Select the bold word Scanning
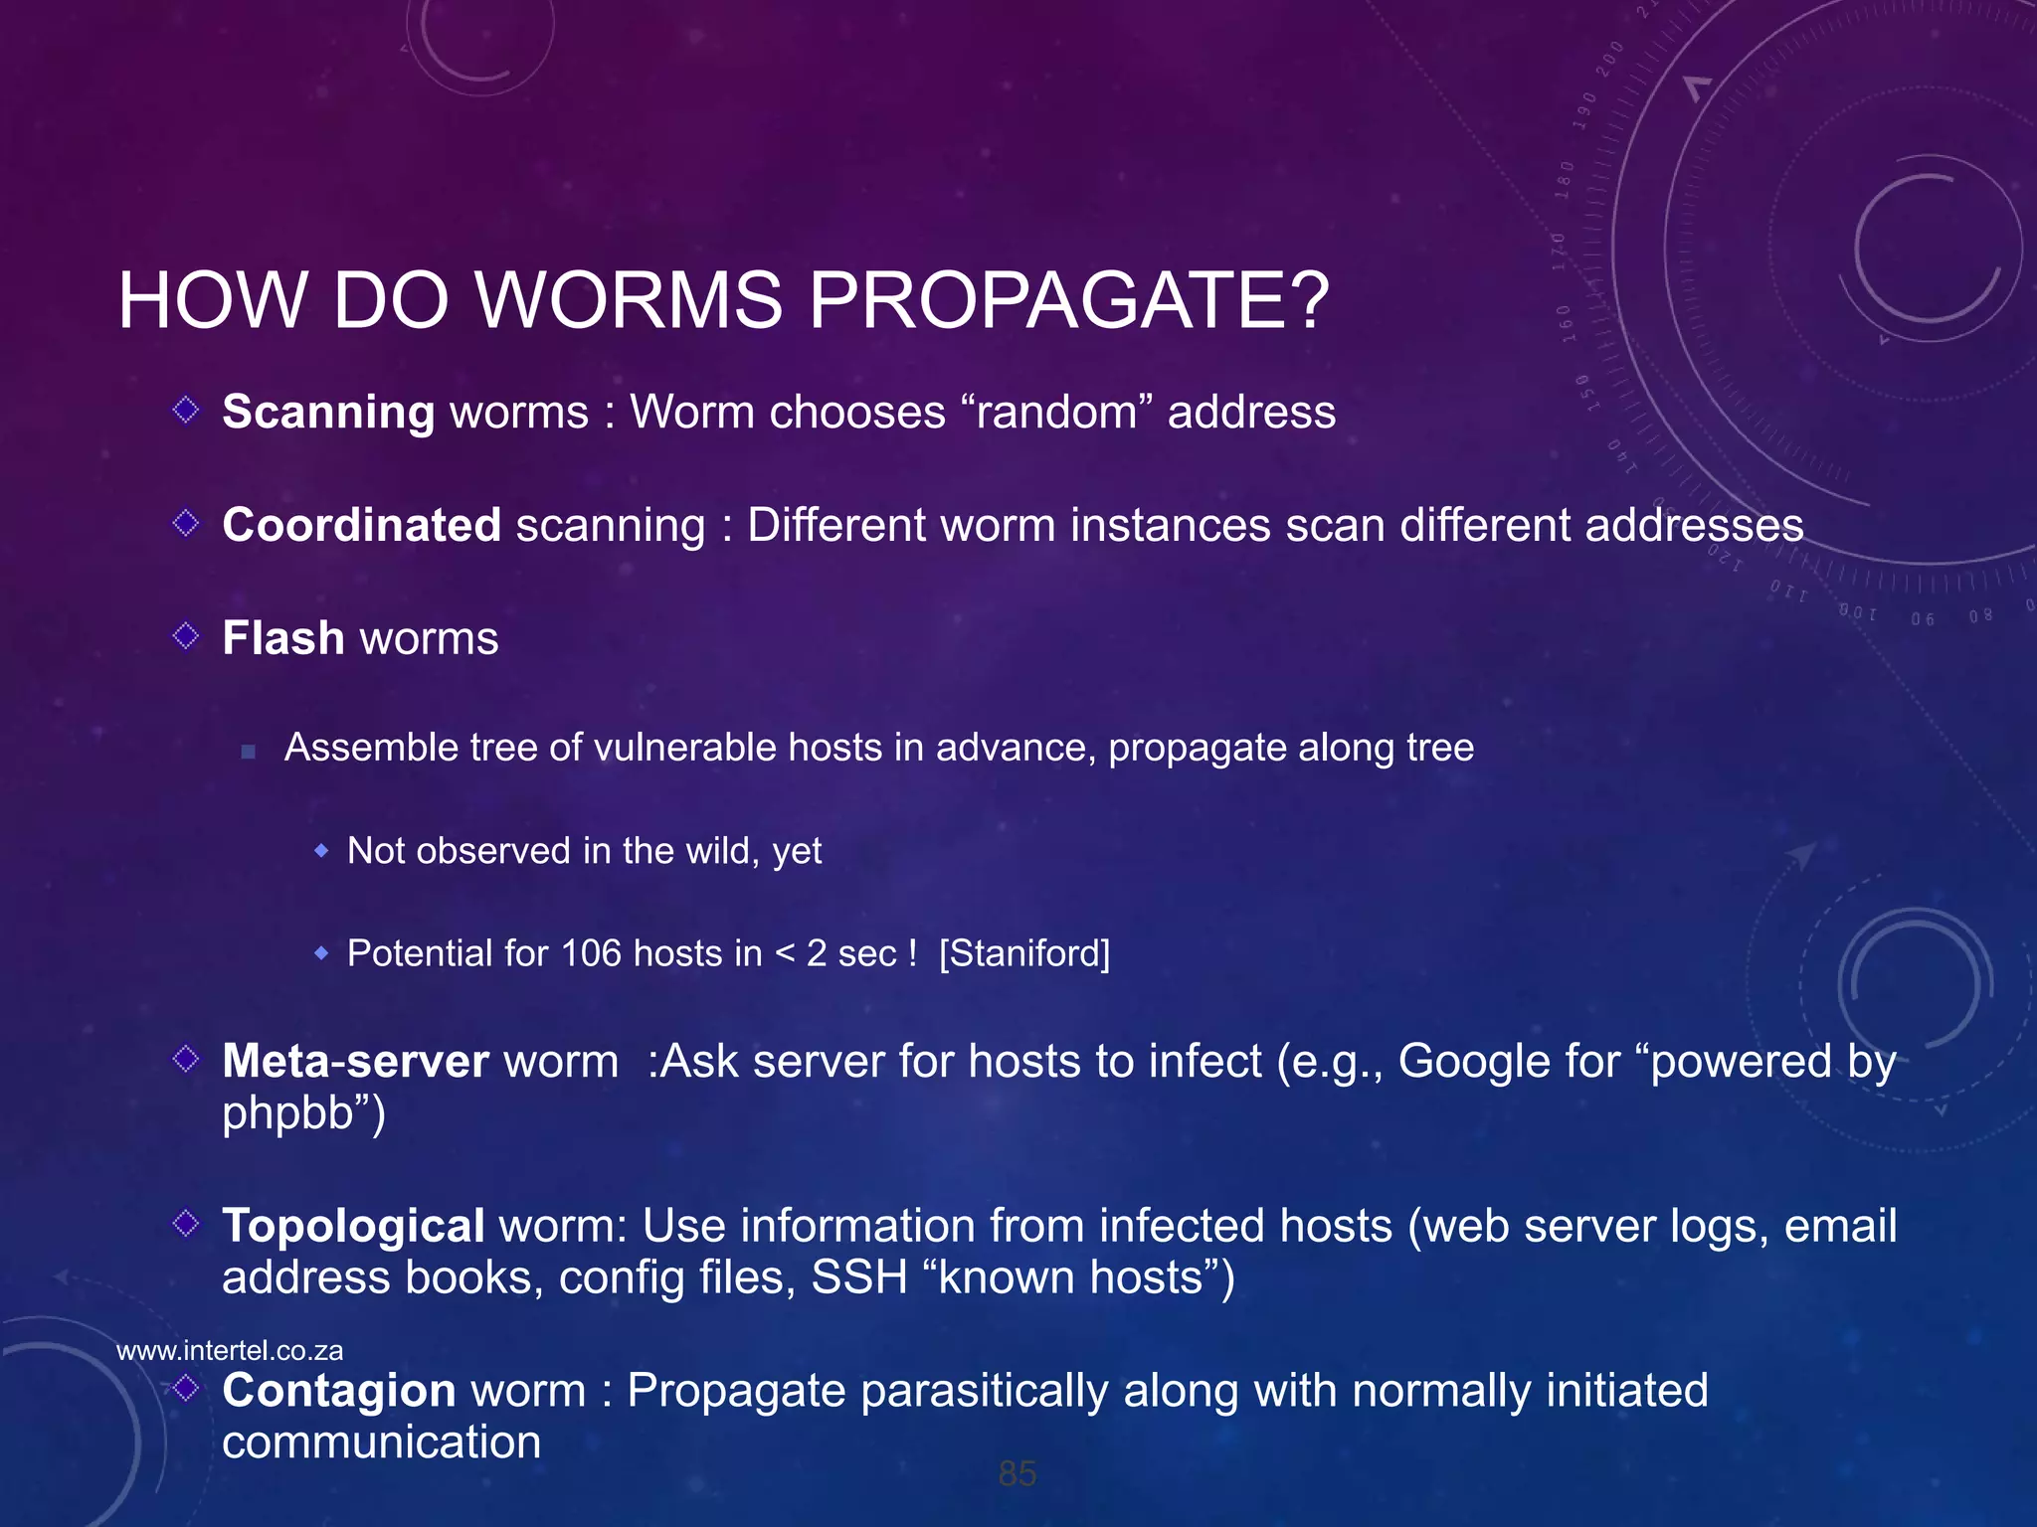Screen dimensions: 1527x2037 click(x=328, y=413)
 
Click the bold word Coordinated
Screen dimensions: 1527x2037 click(x=361, y=525)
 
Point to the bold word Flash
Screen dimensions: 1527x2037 click(x=283, y=638)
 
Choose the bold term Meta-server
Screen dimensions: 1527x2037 click(x=355, y=1062)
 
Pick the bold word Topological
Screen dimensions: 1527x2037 click(x=353, y=1226)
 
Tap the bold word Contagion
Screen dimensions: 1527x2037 click(x=339, y=1390)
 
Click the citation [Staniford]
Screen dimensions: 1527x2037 click(x=1024, y=953)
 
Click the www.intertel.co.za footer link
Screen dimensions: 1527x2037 click(x=230, y=1350)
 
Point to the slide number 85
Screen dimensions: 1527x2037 click(x=1018, y=1473)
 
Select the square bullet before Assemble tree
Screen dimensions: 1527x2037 click(x=249, y=752)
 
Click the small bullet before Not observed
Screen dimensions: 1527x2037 click(x=321, y=851)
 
